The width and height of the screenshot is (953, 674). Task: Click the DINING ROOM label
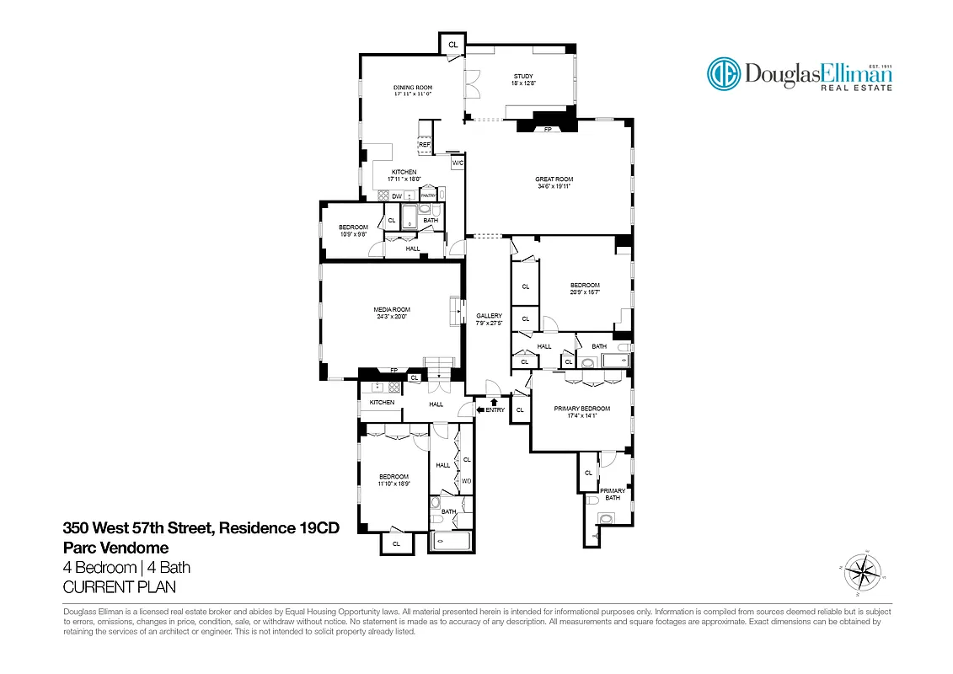(x=413, y=88)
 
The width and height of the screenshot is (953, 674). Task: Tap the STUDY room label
(x=523, y=77)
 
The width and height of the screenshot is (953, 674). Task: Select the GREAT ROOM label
(x=554, y=179)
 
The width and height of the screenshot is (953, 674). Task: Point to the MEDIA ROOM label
(x=391, y=310)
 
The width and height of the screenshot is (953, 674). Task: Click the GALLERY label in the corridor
(x=489, y=316)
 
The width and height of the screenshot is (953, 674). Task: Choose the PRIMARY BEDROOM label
(x=581, y=409)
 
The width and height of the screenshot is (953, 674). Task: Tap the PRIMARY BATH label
(x=613, y=494)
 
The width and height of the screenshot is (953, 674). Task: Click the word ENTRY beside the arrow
(x=495, y=410)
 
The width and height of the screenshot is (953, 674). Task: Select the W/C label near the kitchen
(x=458, y=163)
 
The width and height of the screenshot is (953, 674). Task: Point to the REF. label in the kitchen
(x=425, y=145)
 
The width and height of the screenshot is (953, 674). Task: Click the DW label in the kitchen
(x=395, y=196)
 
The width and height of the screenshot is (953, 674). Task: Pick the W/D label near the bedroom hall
(x=465, y=481)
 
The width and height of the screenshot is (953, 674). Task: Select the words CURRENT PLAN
(x=120, y=587)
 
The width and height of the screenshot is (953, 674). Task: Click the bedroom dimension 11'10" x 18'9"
(x=394, y=484)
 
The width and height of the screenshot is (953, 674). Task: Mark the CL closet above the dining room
(x=452, y=45)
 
